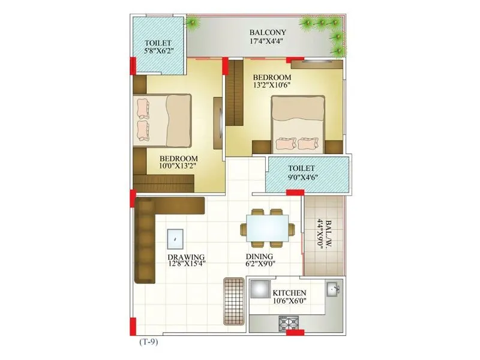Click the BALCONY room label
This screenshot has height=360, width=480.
[x=268, y=32]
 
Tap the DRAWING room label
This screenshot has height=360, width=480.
[x=187, y=257]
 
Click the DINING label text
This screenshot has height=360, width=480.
[x=260, y=257]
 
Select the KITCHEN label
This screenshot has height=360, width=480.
[x=290, y=292]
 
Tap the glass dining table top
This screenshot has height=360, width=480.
[x=268, y=229]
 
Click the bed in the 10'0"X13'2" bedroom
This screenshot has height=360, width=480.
[x=163, y=119]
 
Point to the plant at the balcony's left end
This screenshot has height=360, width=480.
[x=194, y=23]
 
